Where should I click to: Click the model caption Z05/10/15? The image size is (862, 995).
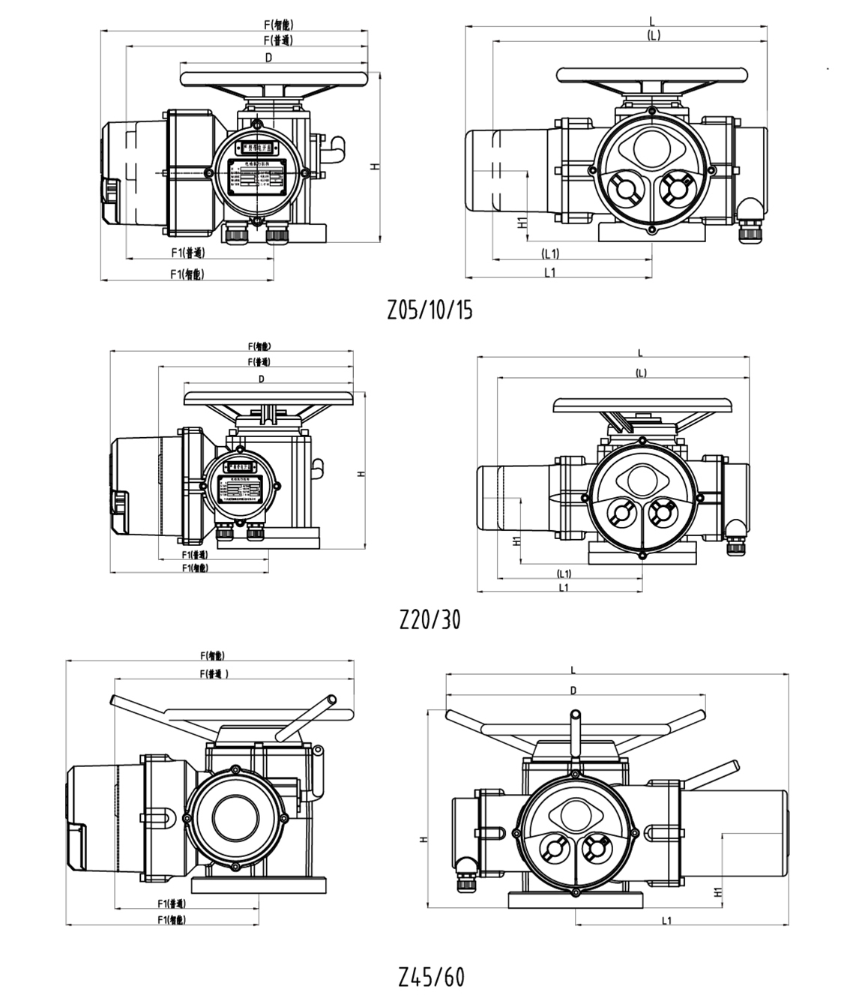430,310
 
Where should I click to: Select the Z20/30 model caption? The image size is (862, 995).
430,619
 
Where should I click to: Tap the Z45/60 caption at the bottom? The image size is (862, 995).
431,977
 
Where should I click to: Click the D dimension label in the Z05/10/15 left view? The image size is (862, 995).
268,57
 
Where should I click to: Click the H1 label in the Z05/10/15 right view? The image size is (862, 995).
519,222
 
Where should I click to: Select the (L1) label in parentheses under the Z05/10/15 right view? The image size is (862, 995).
549,253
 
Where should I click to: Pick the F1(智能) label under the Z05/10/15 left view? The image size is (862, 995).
187,274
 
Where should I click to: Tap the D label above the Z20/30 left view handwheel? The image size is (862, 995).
262,379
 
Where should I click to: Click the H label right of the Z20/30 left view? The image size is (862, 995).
361,474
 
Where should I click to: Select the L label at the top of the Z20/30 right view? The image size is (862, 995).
640,352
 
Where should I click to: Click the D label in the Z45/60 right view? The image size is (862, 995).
573,691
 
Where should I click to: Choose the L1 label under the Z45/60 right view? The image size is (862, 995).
666,921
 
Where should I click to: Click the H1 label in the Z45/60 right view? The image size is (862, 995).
717,892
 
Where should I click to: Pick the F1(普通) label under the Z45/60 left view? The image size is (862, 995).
172,903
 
